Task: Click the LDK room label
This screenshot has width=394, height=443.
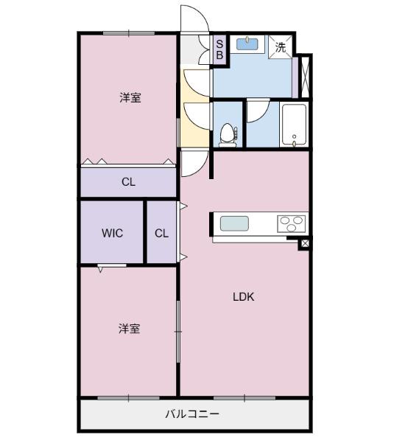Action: [x=243, y=297]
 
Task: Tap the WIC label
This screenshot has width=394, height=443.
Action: [x=112, y=234]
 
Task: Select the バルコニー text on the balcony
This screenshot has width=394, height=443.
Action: [x=191, y=414]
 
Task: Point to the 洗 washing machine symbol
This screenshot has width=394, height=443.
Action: [x=280, y=46]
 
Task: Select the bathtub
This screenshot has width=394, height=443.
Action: [x=294, y=125]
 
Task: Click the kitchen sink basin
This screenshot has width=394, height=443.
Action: [x=235, y=223]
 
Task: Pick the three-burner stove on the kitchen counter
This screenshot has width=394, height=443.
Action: [x=292, y=223]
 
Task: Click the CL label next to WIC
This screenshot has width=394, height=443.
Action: [x=162, y=234]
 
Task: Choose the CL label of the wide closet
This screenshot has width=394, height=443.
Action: [x=127, y=182]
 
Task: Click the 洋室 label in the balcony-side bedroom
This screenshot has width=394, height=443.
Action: [x=129, y=329]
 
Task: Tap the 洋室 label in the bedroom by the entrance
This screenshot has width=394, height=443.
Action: [x=130, y=97]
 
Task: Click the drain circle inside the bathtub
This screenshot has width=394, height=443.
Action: [x=294, y=137]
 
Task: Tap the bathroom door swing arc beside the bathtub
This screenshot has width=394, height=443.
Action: [x=258, y=111]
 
